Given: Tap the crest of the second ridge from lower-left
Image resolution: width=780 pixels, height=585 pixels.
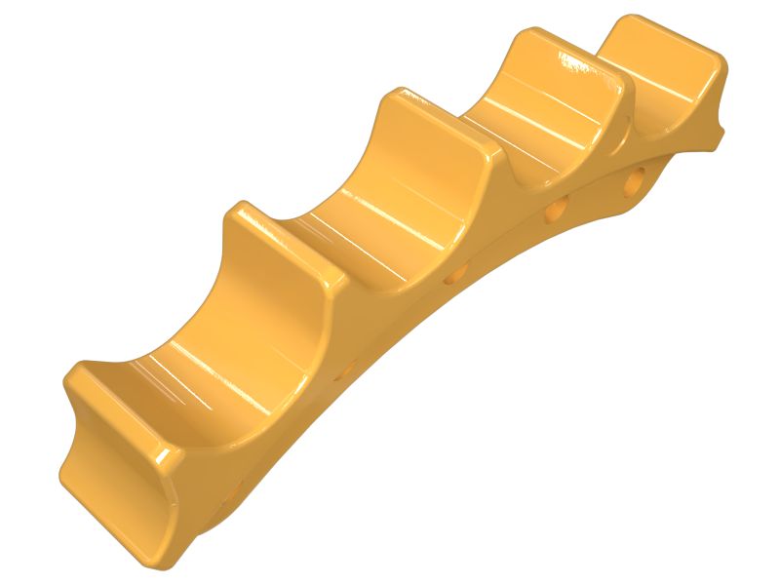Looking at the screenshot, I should point(288,244).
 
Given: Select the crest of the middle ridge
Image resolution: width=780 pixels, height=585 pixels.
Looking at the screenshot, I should point(444,122).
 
